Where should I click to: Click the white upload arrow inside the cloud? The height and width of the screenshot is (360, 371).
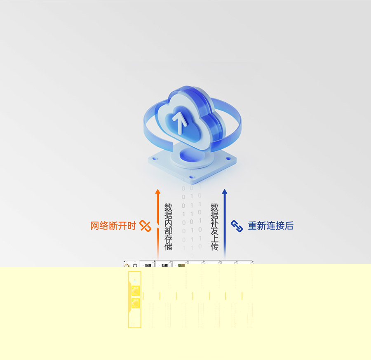point(180,122)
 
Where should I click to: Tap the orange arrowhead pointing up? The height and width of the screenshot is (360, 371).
point(158,191)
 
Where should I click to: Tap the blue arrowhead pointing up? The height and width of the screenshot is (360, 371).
point(225,191)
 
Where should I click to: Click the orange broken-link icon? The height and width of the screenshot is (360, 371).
point(145,226)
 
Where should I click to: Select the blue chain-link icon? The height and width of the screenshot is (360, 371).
point(237,226)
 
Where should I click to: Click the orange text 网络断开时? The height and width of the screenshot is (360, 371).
point(113,226)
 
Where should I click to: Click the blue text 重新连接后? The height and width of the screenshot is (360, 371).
point(271,226)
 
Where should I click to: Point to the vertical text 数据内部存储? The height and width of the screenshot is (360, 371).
point(168,227)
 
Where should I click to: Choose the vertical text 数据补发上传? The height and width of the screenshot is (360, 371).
point(214,227)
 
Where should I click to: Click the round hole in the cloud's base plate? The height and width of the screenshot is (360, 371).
point(190,156)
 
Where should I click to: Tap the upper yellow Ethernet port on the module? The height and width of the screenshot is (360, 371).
point(135,291)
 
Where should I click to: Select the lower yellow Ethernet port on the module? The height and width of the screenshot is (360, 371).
point(135,303)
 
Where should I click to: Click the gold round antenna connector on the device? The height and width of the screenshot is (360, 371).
point(127,265)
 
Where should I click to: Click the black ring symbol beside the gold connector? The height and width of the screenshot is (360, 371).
point(135,265)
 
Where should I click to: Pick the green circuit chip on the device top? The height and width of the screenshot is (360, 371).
point(181,265)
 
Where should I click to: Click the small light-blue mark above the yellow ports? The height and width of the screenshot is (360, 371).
point(135,281)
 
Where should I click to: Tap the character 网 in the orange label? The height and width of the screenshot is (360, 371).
point(95,226)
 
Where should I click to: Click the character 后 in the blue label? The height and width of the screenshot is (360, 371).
point(289,226)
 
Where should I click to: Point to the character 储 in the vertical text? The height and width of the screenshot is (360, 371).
point(168,247)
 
